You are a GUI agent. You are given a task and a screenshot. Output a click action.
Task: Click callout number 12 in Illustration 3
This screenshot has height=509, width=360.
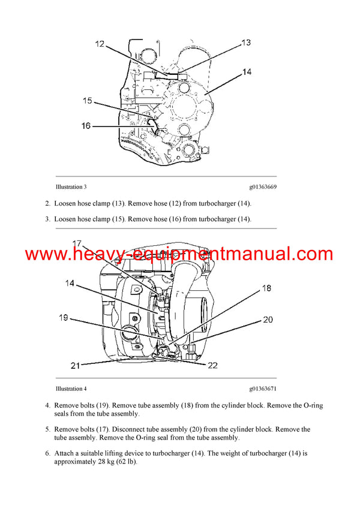[x=100, y=44]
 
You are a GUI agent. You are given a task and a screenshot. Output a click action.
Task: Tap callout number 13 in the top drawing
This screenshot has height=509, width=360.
[x=246, y=43]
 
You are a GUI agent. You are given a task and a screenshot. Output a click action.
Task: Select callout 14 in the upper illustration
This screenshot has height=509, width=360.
[x=247, y=73]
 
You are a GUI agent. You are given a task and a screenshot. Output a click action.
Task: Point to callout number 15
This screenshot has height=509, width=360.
[x=88, y=101]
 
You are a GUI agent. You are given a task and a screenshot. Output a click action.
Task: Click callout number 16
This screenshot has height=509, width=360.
[x=86, y=126]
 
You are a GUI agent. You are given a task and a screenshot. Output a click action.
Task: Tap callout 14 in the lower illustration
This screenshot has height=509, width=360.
[x=71, y=283]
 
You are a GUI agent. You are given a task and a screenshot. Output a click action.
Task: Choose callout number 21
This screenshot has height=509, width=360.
[x=76, y=365]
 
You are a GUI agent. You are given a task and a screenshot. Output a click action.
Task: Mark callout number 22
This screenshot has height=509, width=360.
[x=212, y=366]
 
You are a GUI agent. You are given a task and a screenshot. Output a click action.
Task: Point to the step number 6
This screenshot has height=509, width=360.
[x=47, y=453]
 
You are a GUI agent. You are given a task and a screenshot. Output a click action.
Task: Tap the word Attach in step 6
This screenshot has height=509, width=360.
[x=64, y=453]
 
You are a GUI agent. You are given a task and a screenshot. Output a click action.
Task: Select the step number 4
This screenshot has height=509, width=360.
[x=47, y=405]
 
